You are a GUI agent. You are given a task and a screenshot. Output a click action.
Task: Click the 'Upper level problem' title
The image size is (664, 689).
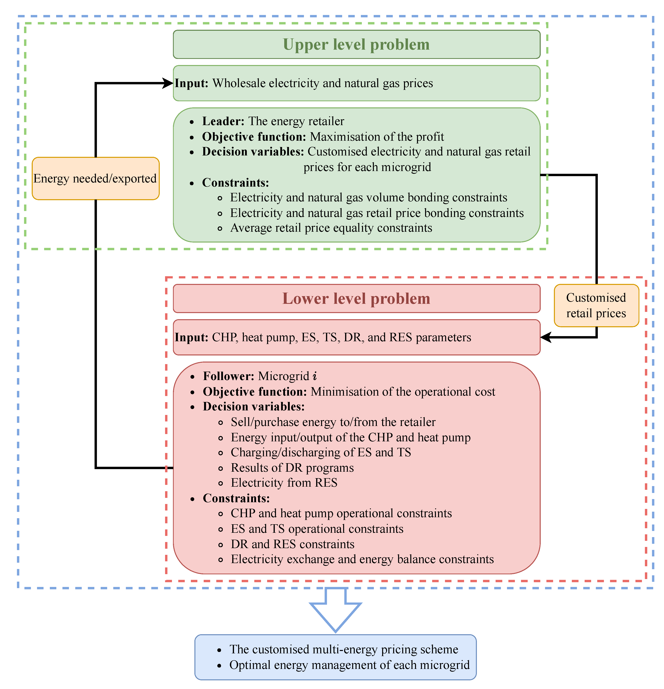coord(356,45)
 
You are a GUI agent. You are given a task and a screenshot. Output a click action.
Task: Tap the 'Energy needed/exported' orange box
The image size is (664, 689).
coord(95,179)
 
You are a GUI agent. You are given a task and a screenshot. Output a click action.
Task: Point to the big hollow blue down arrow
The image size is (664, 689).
coord(335,610)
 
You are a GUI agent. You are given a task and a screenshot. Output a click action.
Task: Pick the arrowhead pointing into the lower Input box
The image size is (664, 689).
coord(546,338)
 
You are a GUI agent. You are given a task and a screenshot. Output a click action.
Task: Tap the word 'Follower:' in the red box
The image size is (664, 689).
coord(228,376)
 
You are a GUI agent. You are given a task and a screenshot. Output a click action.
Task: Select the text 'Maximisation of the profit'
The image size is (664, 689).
coord(377,137)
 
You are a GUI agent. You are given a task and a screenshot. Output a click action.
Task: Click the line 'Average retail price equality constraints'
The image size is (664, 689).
coord(331,228)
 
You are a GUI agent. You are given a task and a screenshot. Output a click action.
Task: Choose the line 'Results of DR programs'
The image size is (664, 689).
coord(292,468)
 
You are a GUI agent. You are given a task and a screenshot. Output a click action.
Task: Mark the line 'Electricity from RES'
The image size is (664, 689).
coord(284,483)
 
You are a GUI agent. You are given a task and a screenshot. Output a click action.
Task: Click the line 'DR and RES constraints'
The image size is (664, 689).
coord(293,544)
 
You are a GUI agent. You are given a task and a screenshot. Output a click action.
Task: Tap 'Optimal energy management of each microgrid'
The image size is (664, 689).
coord(349,665)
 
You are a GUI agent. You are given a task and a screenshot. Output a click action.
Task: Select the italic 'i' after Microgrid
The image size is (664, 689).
coord(315,376)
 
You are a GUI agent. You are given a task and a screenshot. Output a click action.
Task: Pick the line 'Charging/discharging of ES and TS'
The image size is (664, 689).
coord(321,452)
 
